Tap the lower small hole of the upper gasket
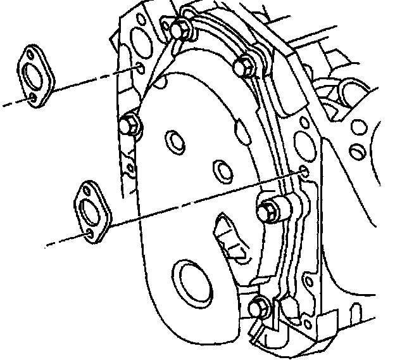[33, 97]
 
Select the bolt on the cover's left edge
[131, 125]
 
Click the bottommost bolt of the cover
[258, 307]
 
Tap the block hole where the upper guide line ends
[139, 68]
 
